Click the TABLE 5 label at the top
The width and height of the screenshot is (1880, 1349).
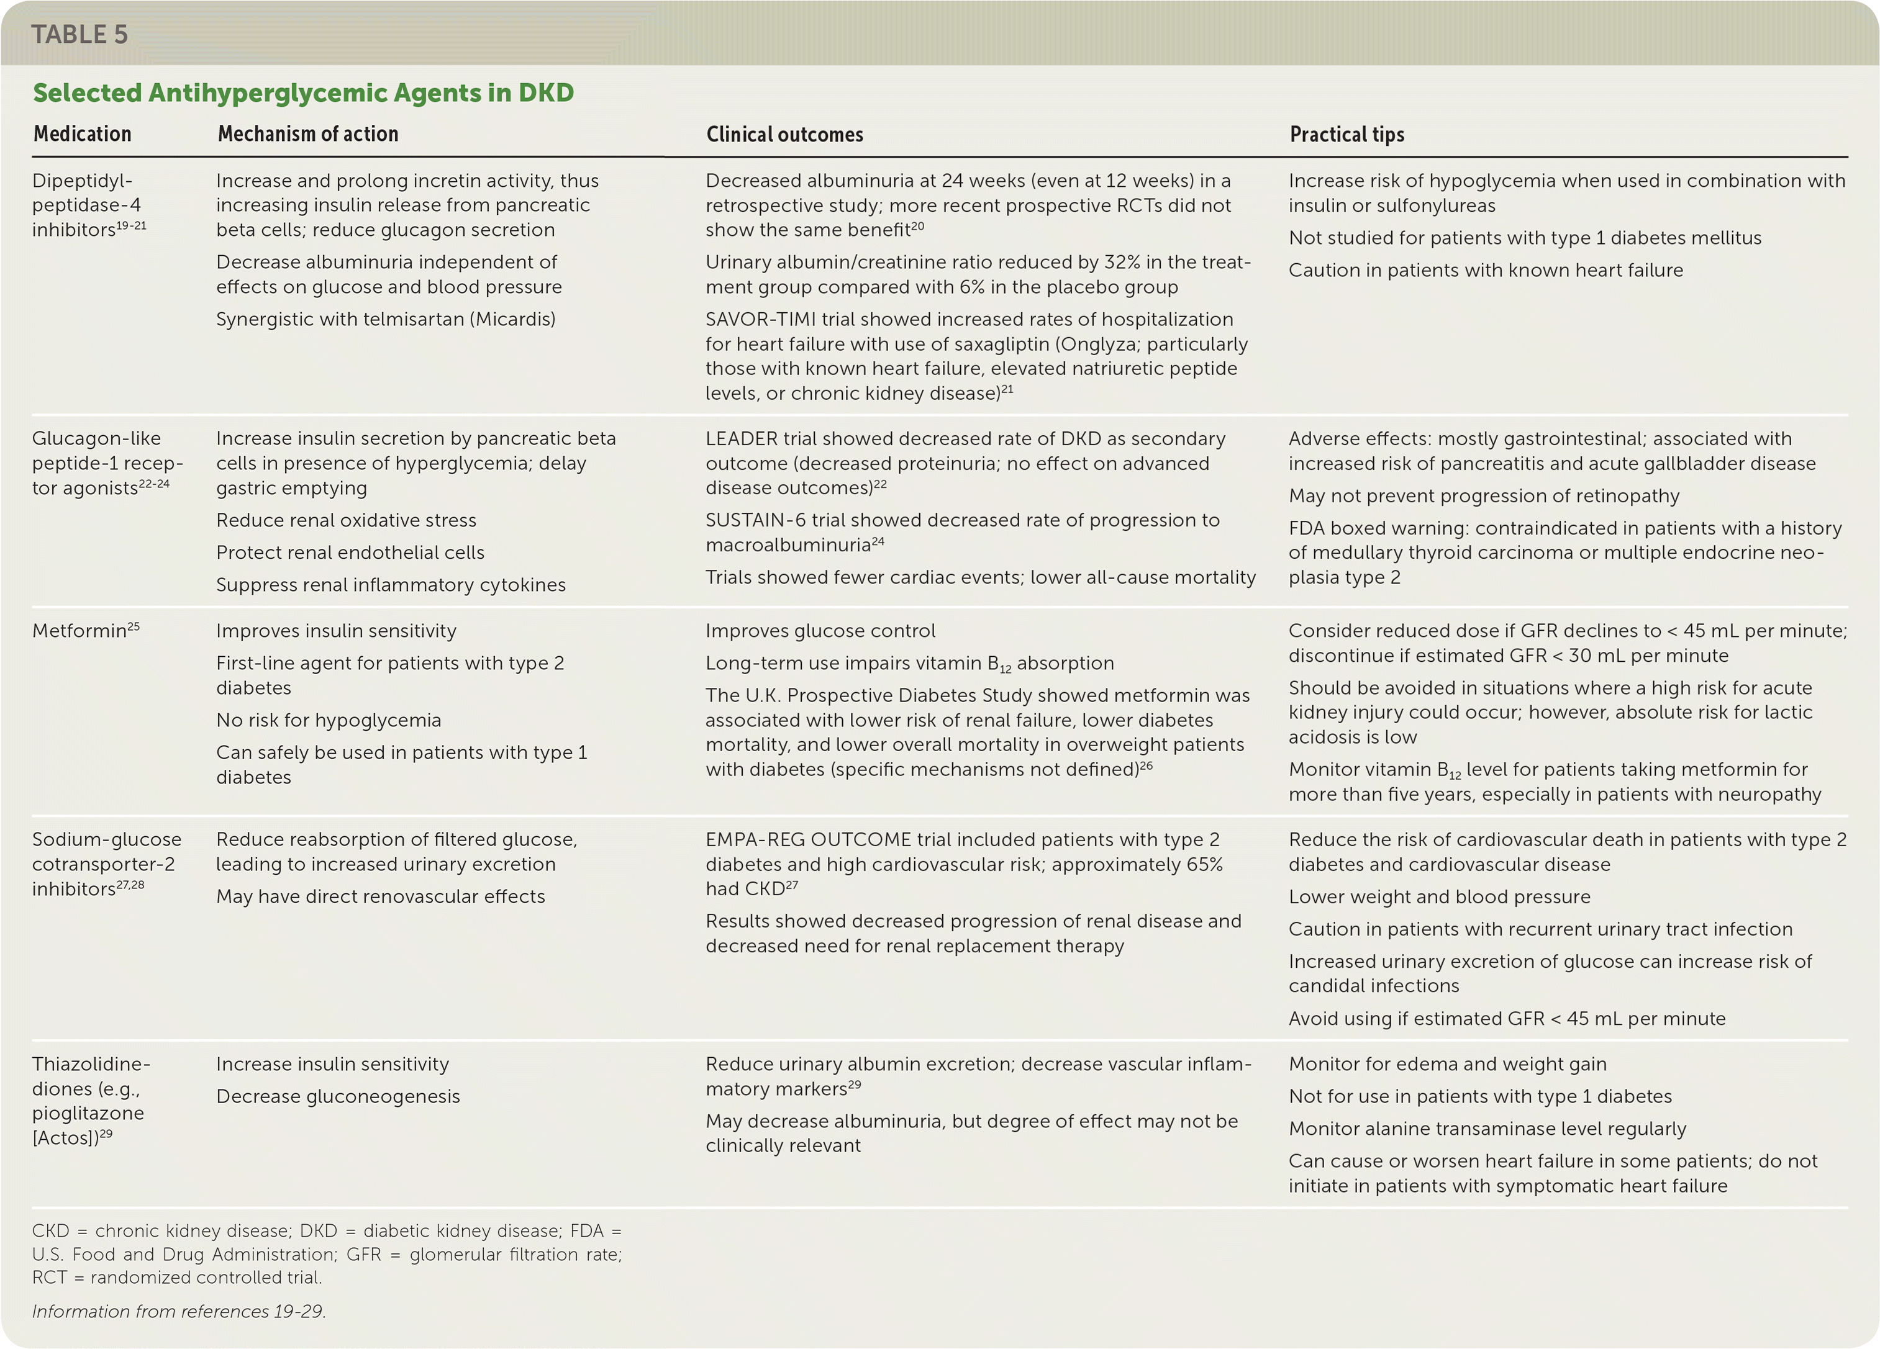click(79, 35)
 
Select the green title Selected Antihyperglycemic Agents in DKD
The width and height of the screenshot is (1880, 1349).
click(302, 92)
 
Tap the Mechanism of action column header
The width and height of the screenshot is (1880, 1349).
click(307, 134)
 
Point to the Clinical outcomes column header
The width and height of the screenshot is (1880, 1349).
click(784, 134)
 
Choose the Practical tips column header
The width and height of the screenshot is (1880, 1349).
click(1346, 134)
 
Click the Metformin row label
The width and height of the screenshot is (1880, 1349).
click(79, 631)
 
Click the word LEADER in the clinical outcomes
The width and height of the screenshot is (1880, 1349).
click(741, 439)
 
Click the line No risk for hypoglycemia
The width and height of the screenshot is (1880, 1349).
click(329, 721)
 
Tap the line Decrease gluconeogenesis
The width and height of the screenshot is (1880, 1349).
click(337, 1097)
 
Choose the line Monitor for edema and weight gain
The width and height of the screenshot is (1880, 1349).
click(1446, 1065)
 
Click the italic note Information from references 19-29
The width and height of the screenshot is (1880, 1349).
click(179, 1312)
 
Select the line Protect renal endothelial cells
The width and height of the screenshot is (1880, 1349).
click(350, 553)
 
